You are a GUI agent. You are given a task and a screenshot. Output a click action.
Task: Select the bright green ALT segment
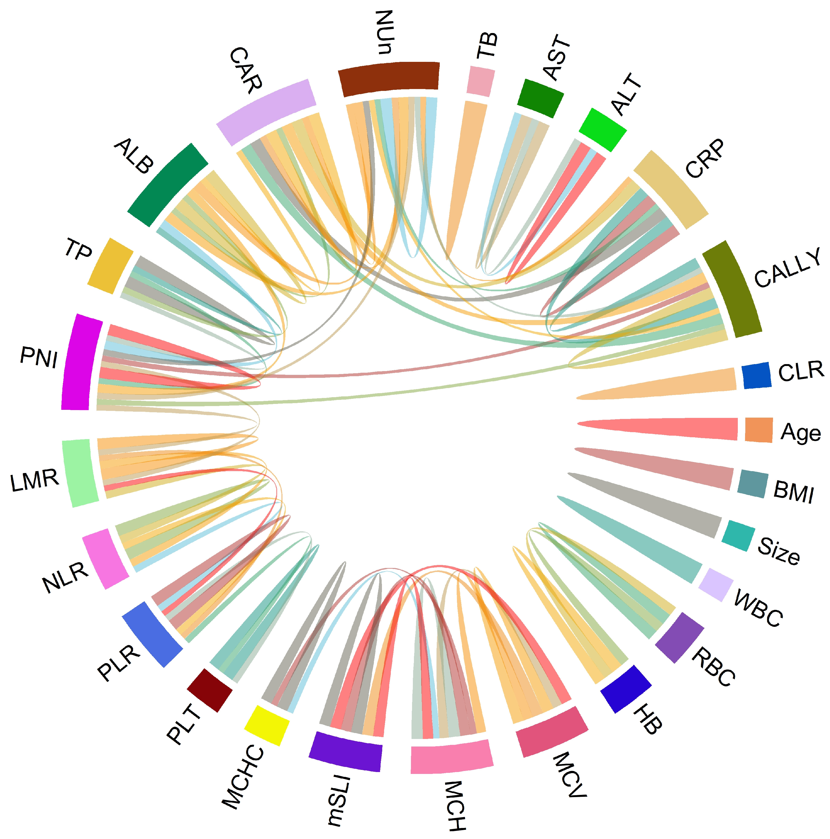click(x=603, y=129)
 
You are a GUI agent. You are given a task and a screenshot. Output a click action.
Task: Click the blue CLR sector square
click(x=756, y=375)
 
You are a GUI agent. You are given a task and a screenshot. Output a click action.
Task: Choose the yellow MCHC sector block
click(x=266, y=725)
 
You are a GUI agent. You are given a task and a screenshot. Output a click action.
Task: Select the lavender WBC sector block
click(x=715, y=585)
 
